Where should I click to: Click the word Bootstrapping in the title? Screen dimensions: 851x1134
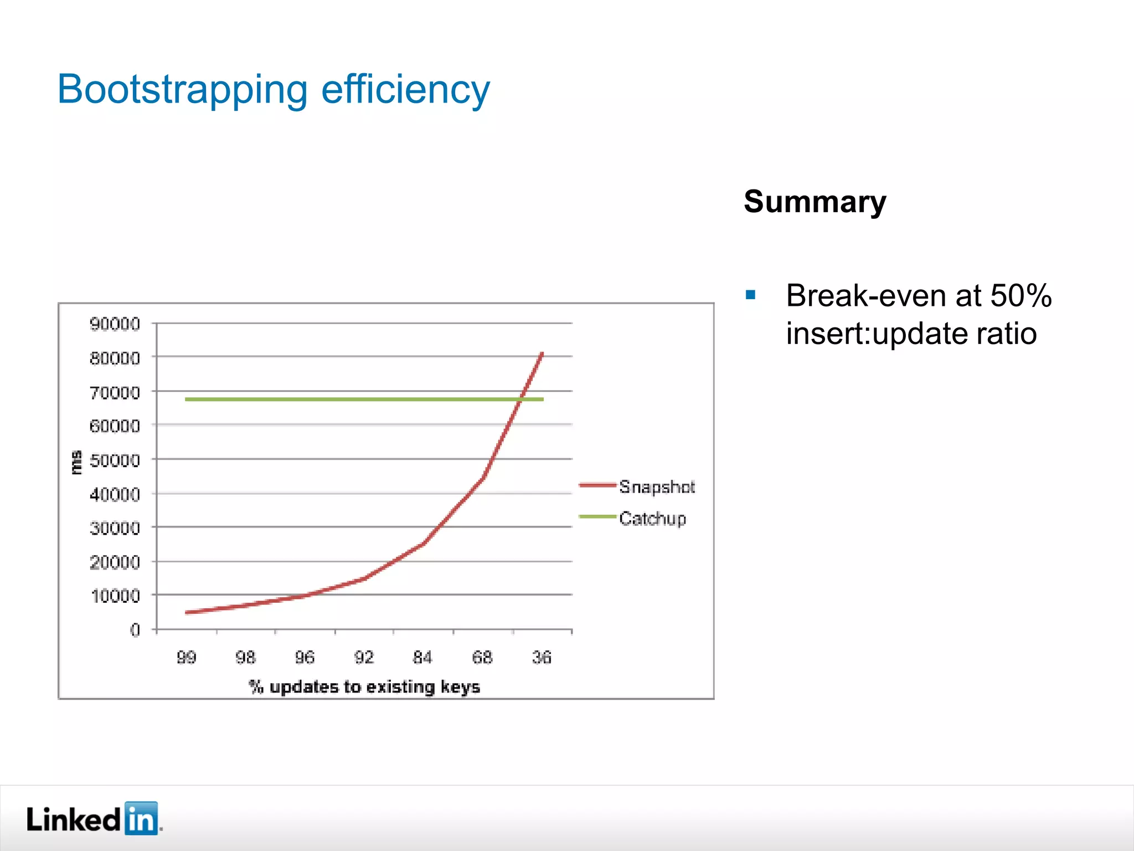182,90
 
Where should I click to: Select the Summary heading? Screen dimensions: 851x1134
815,202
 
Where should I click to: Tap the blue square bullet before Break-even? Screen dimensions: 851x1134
750,295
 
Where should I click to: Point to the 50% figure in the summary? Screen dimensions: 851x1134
1020,295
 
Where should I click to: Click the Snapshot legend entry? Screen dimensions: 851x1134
656,486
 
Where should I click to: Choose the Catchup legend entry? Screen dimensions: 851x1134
652,518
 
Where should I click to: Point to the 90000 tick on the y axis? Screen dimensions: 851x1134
115,324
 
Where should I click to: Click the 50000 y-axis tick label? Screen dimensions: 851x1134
115,460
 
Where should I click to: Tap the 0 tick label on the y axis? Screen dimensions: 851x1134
135,630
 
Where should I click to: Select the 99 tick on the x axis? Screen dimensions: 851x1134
186,657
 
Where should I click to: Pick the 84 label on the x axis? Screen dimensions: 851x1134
422,657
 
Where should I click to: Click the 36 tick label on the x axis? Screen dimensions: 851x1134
542,657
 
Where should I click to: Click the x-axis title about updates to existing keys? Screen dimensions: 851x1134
364,687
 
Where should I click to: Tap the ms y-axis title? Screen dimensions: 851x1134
76,462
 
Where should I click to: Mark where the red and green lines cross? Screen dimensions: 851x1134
521,399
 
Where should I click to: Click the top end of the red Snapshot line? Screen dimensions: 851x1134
542,353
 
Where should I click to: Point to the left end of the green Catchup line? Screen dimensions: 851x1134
187,399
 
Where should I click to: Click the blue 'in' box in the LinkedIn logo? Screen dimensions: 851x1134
141,818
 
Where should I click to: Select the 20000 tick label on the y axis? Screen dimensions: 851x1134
115,562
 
